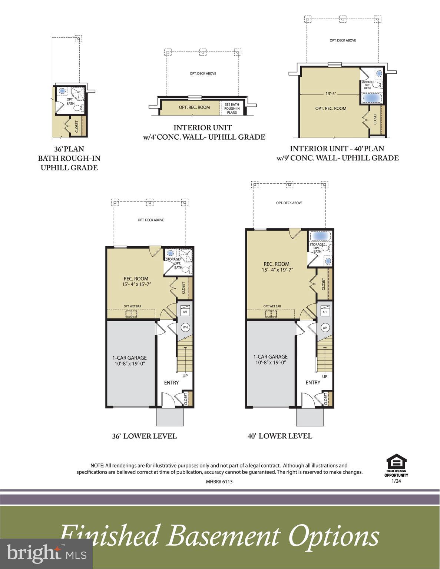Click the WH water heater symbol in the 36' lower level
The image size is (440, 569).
pyautogui.click(x=185, y=327)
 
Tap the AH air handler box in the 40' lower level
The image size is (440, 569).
pyautogui.click(x=325, y=312)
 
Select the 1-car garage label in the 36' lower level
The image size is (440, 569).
pyautogui.click(x=129, y=360)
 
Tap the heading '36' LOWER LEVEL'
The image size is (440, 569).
pyautogui.click(x=144, y=436)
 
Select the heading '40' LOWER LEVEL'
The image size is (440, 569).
pyautogui.click(x=279, y=436)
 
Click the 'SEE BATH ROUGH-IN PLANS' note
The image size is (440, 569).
pyautogui.click(x=232, y=108)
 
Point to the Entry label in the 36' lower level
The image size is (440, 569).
pyautogui.click(x=171, y=383)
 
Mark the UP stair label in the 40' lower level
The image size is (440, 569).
pyautogui.click(x=325, y=377)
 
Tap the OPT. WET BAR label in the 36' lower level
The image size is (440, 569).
pyautogui.click(x=132, y=306)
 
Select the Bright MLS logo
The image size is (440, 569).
pyautogui.click(x=46, y=554)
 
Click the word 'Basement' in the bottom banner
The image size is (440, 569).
pyautogui.click(x=224, y=536)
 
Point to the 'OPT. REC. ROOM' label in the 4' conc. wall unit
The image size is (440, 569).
pyautogui.click(x=194, y=107)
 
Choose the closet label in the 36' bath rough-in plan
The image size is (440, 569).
pyautogui.click(x=77, y=126)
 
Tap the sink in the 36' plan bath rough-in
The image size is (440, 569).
pyautogui.click(x=62, y=91)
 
